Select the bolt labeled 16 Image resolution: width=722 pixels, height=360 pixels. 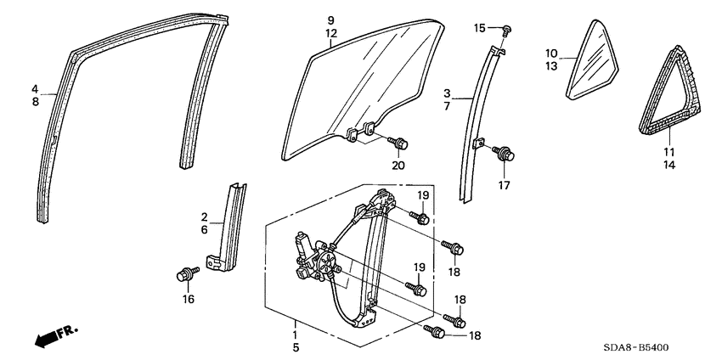pyautogui.click(x=183, y=273)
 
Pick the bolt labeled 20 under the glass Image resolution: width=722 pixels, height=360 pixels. pyautogui.click(x=396, y=142)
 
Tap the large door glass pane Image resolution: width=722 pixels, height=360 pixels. pyautogui.click(x=365, y=85)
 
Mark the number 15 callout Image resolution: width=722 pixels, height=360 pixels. pyautogui.click(x=479, y=29)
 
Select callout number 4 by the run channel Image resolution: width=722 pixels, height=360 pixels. pyautogui.click(x=35, y=89)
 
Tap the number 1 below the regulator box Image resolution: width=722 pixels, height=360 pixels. pyautogui.click(x=295, y=324)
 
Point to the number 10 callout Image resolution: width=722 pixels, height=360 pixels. pyautogui.click(x=551, y=53)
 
